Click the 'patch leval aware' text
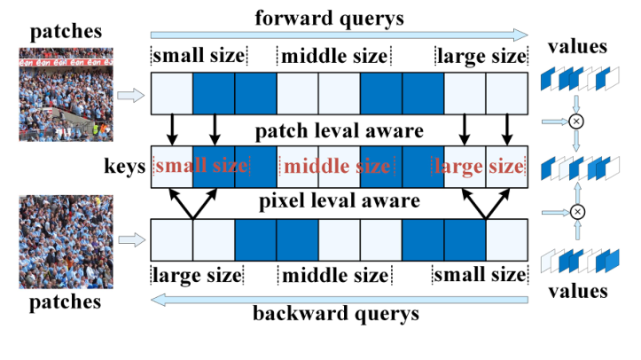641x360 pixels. tap(338, 132)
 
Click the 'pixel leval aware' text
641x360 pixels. tap(338, 200)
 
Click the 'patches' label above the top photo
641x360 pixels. tap(59, 33)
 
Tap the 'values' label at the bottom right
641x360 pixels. tap(577, 290)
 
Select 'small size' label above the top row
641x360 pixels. tap(199, 57)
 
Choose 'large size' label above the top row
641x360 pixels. tap(481, 57)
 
